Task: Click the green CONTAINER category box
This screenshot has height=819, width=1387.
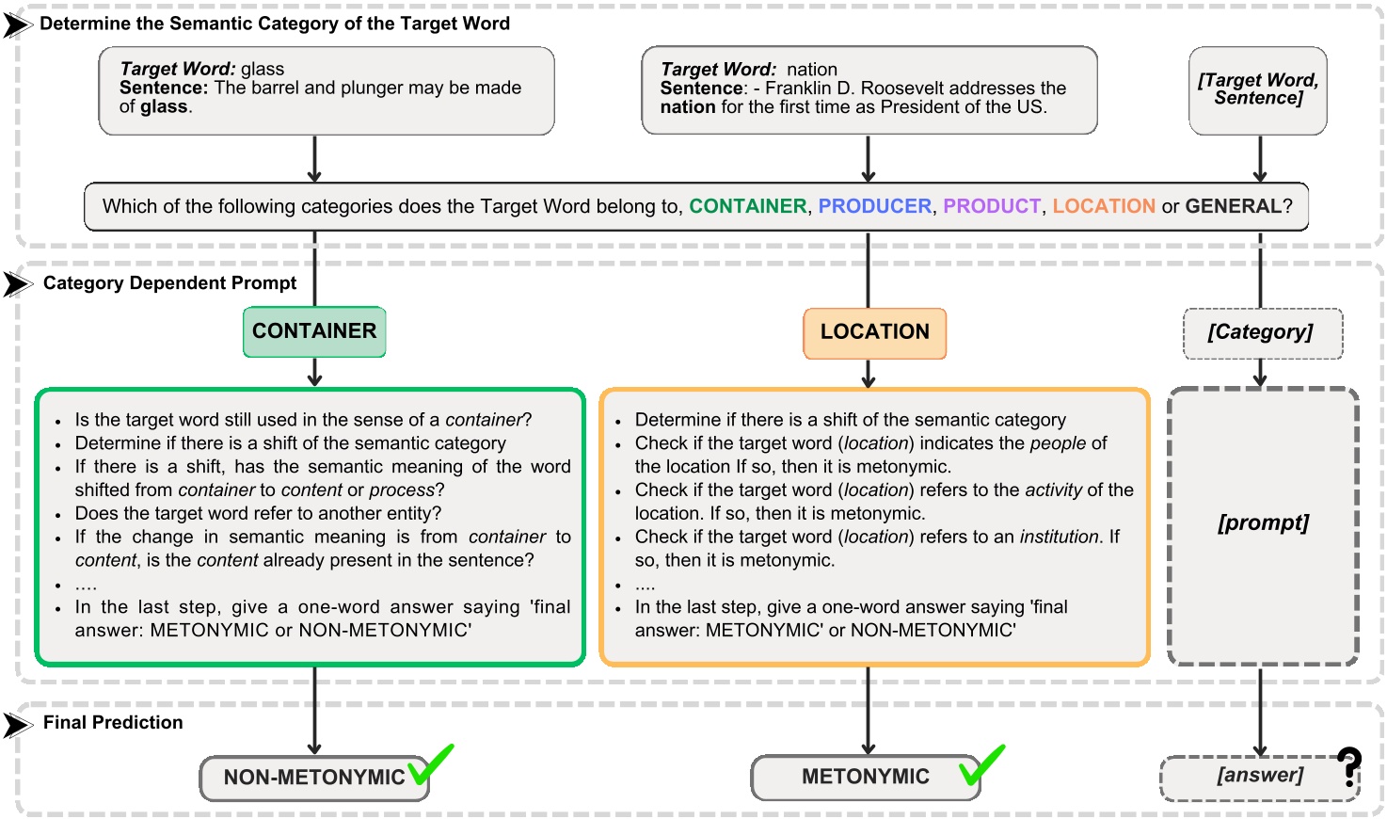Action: [x=314, y=331]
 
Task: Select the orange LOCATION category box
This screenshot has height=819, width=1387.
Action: [x=874, y=332]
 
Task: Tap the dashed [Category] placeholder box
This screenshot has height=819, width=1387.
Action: [x=1261, y=332]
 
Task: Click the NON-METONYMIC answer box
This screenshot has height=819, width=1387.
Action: [x=313, y=778]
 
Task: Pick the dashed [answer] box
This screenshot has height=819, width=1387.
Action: [x=1259, y=777]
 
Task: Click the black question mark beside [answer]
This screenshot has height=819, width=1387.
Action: [x=1349, y=767]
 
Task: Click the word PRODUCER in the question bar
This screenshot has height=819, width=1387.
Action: [x=874, y=206]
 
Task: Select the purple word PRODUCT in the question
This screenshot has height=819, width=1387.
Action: [x=992, y=206]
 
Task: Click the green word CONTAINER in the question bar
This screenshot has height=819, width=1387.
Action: [x=747, y=206]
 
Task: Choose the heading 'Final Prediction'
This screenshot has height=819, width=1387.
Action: [x=113, y=723]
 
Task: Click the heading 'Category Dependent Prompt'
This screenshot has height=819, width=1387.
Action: [x=169, y=283]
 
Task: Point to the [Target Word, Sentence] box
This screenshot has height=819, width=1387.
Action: [x=1258, y=90]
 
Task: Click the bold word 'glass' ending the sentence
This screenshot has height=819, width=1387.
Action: [x=165, y=107]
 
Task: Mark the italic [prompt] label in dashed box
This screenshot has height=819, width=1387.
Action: [x=1263, y=523]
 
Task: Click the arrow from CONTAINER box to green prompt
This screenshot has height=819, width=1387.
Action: [x=314, y=373]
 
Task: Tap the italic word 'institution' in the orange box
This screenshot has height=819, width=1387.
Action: [x=1060, y=537]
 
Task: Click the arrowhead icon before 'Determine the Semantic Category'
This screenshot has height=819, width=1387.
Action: [x=17, y=24]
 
